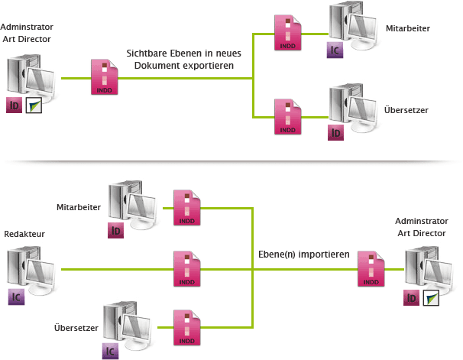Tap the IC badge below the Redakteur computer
click(15, 297)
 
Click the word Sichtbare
click(150, 53)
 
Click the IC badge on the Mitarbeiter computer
click(335, 51)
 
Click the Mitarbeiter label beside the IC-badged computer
click(409, 28)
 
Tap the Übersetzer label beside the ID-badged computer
click(406, 110)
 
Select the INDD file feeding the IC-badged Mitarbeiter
click(288, 33)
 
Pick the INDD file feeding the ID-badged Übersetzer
click(288, 116)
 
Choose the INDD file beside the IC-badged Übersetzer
click(186, 327)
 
